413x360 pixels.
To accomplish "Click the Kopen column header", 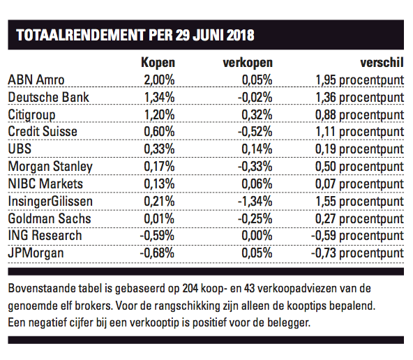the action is point(158,63).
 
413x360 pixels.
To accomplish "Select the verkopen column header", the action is point(248,63).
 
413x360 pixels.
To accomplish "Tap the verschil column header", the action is point(382,63).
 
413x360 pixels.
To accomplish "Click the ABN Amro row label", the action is point(36,80).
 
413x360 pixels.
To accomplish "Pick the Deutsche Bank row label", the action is point(48,97).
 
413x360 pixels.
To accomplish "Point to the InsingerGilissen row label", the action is point(50,201).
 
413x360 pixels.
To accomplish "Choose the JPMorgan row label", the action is point(36,253).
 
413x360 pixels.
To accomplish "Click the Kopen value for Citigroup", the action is point(159,114).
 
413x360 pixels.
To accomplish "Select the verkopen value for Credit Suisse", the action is point(255,131).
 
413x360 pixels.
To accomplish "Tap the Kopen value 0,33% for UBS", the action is point(159,149).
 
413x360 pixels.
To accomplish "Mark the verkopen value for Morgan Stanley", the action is point(255,167).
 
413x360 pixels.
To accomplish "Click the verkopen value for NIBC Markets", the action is point(257,183).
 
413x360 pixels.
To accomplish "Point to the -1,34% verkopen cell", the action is point(255,202).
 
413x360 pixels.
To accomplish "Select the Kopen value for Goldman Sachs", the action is point(159,219).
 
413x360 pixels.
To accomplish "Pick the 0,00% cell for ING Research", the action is point(257,235).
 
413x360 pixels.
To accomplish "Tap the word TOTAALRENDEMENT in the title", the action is point(81,35).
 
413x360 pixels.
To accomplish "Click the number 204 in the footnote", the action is point(190,289).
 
